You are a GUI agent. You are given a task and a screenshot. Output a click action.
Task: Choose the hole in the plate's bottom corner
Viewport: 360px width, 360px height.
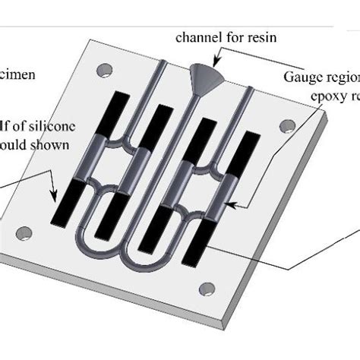(x=204, y=287)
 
